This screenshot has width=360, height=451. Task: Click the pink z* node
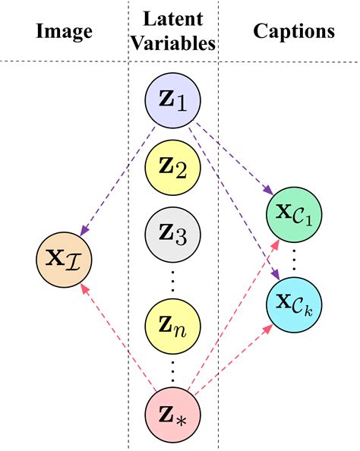click(172, 416)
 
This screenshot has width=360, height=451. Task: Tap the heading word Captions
click(294, 32)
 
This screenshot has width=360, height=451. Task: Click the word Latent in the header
click(172, 18)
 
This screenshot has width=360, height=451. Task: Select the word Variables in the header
click(172, 44)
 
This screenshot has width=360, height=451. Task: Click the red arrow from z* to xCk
click(235, 361)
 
